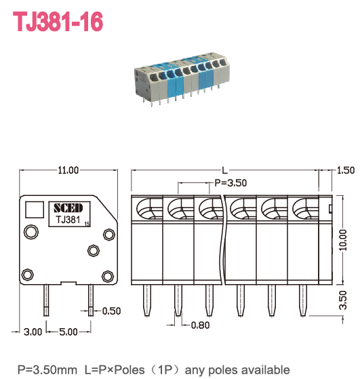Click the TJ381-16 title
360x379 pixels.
tap(58, 22)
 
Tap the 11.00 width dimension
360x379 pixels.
tap(68, 170)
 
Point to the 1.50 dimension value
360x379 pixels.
tap(346, 170)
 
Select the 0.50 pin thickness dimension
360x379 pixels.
tap(110, 312)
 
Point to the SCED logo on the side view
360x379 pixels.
tap(68, 207)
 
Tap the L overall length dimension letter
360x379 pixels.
tap(225, 169)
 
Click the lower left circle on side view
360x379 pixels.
tap(28, 275)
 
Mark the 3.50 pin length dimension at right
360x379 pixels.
tap(343, 297)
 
